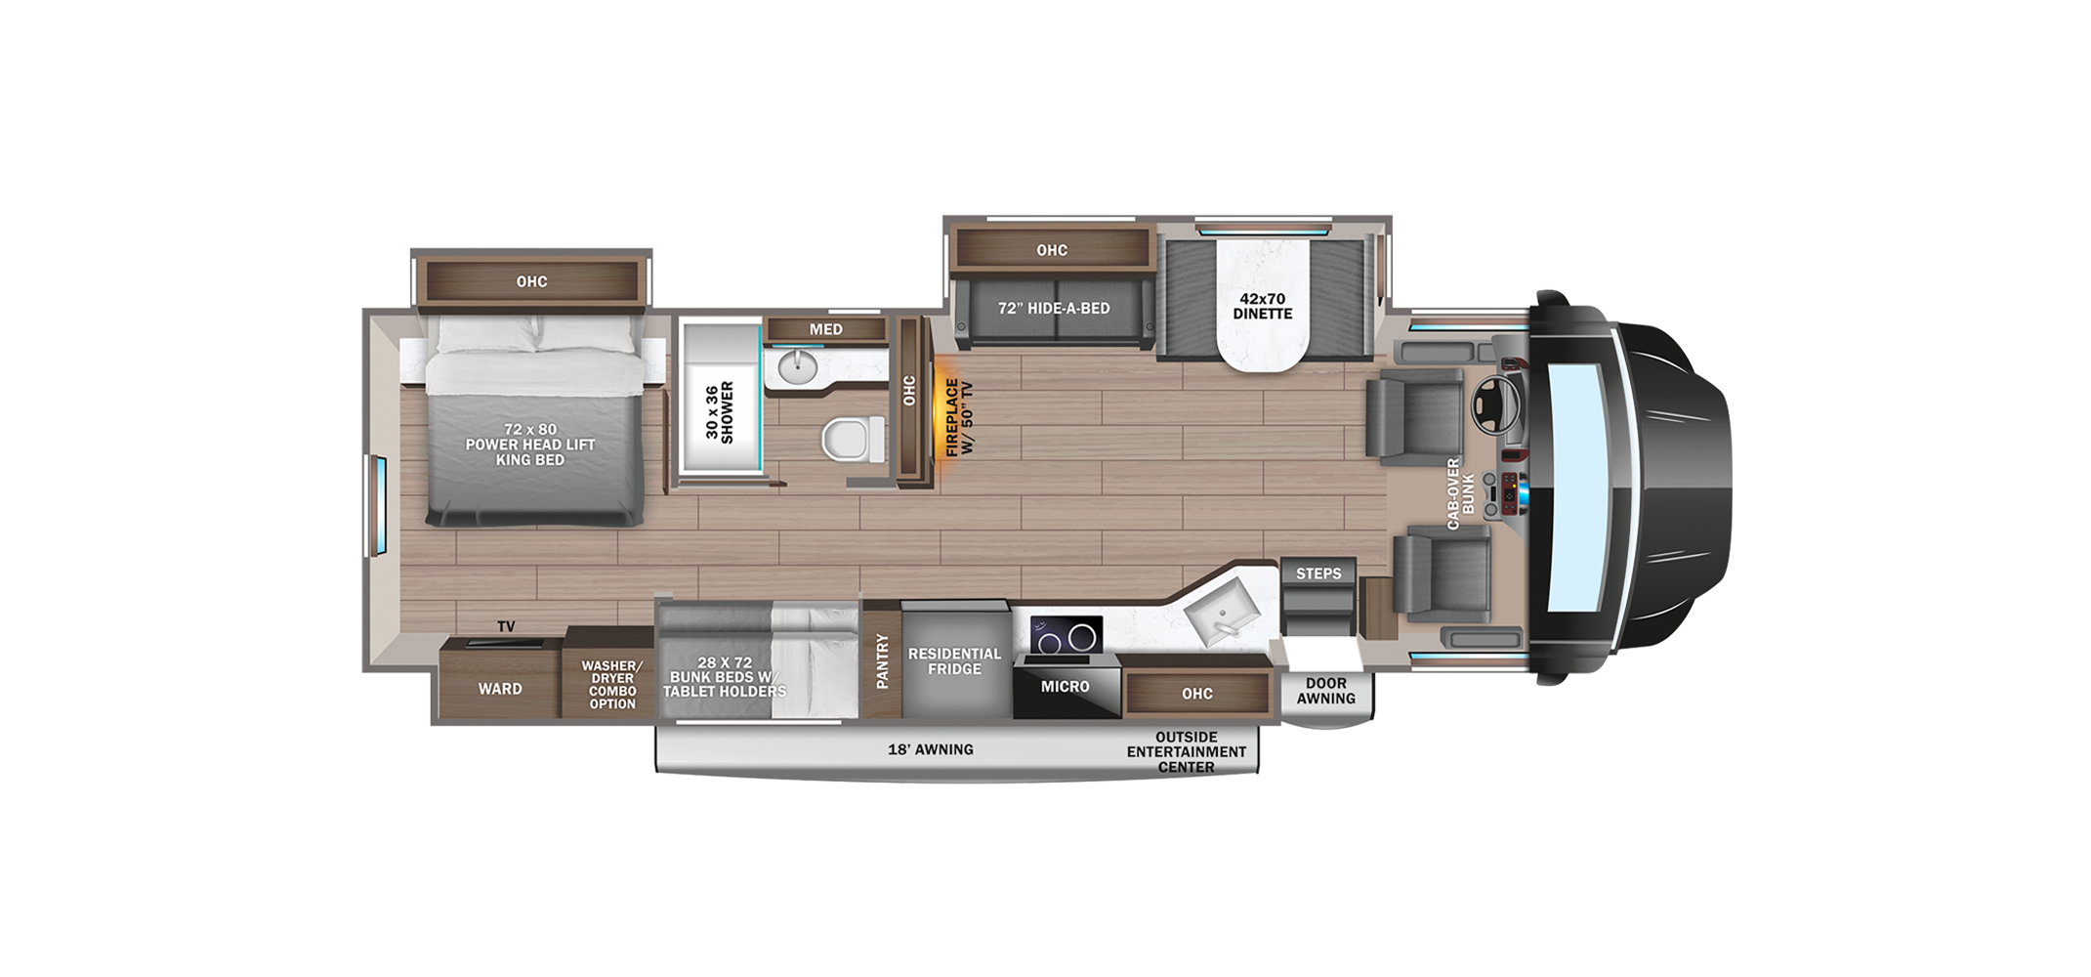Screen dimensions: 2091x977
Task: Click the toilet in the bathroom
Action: [x=853, y=439]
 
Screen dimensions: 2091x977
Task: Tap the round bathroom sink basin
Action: [x=797, y=368]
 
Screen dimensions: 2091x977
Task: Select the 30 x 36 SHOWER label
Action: [x=720, y=412]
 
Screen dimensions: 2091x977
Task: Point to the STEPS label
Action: [x=1318, y=573]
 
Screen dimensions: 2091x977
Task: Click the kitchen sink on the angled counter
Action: [x=1221, y=607]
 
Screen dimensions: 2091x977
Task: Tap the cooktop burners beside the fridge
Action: [x=1066, y=636]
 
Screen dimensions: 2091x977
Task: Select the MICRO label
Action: [x=1065, y=687]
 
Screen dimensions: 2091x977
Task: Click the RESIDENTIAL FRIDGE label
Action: [x=954, y=661]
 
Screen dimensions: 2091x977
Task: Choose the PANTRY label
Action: [x=883, y=661]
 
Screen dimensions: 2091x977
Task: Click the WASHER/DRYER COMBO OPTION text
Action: [x=611, y=685]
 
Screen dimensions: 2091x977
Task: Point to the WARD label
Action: [x=500, y=689]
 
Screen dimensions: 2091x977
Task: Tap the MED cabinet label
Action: [x=825, y=329]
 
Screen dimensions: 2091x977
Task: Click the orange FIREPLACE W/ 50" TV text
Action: [x=959, y=417]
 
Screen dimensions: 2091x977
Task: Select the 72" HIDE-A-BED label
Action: [x=1054, y=309]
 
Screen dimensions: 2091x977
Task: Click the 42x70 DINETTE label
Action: [x=1263, y=306]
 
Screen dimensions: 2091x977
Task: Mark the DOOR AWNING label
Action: [x=1326, y=691]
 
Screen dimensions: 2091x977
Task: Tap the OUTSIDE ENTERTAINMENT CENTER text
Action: [x=1187, y=752]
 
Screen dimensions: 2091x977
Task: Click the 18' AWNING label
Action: [x=930, y=749]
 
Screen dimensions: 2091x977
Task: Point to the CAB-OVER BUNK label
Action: [x=1460, y=493]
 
